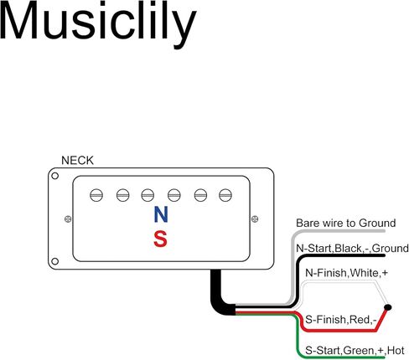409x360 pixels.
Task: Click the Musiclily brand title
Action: tap(98, 23)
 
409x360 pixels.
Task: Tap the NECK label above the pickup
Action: tap(77, 161)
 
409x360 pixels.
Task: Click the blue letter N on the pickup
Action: tap(161, 214)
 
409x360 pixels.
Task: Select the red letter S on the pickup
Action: tap(161, 239)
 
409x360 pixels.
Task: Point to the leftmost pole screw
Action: tap(96, 195)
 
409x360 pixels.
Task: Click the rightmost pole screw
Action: tap(225, 195)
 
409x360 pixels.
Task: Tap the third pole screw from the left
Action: tap(148, 195)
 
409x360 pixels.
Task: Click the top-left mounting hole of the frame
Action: tap(55, 176)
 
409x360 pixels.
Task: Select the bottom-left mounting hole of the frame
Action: tap(55, 261)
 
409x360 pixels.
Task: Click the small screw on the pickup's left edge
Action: tap(68, 219)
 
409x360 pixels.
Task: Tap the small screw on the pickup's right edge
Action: tap(255, 219)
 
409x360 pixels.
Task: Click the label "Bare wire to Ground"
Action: tap(346, 224)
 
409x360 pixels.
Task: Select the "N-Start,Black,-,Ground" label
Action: tap(352, 248)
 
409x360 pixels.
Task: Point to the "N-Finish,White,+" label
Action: tap(347, 273)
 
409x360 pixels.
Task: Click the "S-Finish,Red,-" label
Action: tap(341, 319)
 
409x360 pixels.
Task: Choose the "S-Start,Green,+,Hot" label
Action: tap(355, 350)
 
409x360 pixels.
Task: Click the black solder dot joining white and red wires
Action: tap(388, 307)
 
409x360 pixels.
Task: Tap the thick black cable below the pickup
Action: tap(219, 296)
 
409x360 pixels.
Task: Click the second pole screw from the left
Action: tap(123, 195)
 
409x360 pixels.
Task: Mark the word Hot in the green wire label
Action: tap(396, 350)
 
